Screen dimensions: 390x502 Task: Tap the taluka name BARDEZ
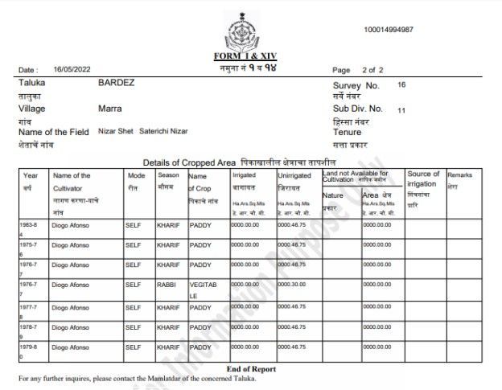(117, 84)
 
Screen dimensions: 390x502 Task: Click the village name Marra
(110, 108)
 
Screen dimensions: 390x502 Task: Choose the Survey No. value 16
(401, 84)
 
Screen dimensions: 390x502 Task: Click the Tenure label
(348, 132)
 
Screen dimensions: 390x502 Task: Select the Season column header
(168, 175)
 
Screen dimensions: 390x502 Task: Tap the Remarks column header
(460, 174)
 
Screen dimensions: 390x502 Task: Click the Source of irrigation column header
(423, 179)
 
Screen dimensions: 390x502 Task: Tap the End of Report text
(250, 369)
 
